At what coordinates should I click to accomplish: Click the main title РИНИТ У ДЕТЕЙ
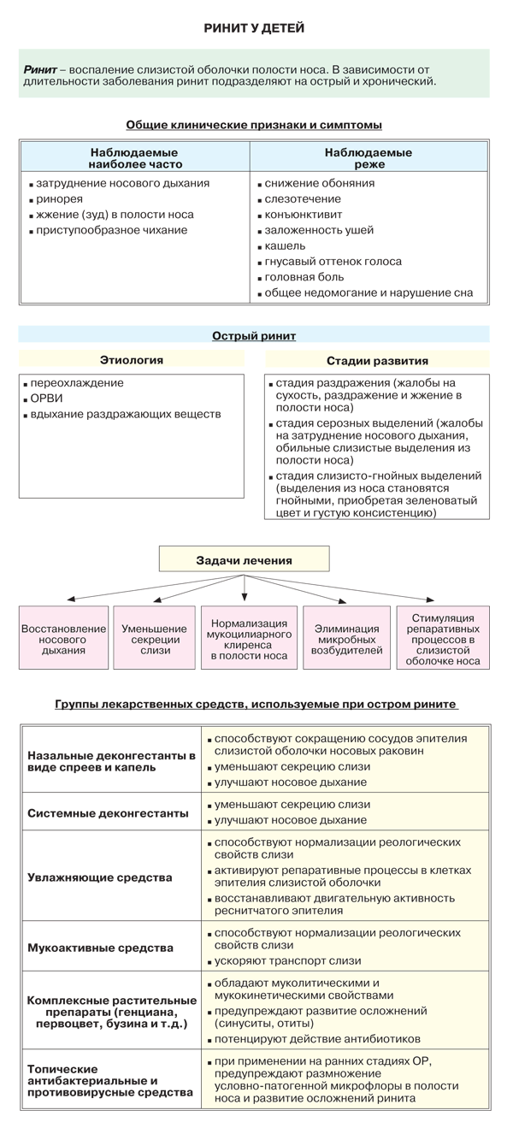coord(254,28)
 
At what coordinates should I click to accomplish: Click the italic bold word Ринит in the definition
coord(40,70)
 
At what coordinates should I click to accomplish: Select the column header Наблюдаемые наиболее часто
coord(134,158)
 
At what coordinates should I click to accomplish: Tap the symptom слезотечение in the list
coord(303,199)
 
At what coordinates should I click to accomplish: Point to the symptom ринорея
coord(59,199)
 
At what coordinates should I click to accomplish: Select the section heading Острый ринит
coord(254,336)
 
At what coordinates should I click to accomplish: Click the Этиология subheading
coord(132,360)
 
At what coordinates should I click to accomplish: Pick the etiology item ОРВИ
coord(46,399)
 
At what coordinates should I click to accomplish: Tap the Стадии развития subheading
coord(377,361)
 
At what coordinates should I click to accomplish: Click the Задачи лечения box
coord(245,559)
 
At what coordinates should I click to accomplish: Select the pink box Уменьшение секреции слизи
coord(154,638)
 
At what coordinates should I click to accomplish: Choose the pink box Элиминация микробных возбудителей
coord(346,638)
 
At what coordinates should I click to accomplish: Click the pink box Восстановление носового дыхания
coord(64,638)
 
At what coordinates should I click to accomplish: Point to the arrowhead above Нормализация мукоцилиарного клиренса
coord(245,598)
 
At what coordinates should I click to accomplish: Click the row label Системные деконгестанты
coord(108,813)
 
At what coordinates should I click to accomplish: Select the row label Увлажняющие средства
coord(100,877)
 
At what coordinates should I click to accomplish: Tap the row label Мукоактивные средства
coord(100,948)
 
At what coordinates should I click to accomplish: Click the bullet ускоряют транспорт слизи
coord(287,961)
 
